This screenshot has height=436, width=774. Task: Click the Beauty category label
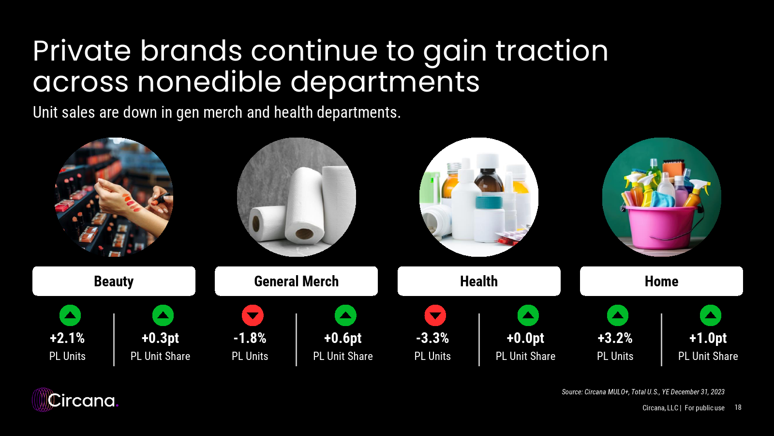pyautogui.click(x=114, y=281)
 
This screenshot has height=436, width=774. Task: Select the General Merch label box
pyautogui.click(x=296, y=281)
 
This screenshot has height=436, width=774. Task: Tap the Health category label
pyautogui.click(x=479, y=281)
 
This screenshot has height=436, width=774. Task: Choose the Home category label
pyautogui.click(x=661, y=281)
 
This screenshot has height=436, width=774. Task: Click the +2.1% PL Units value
pyautogui.click(x=67, y=338)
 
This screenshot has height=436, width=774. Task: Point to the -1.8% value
pyautogui.click(x=250, y=338)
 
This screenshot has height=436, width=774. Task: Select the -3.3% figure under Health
pyautogui.click(x=432, y=338)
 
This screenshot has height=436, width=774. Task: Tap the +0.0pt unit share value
pyautogui.click(x=525, y=338)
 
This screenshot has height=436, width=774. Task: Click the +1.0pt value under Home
pyautogui.click(x=708, y=338)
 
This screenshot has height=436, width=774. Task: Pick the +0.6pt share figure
pyautogui.click(x=343, y=338)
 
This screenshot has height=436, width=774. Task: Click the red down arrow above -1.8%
pyautogui.click(x=253, y=315)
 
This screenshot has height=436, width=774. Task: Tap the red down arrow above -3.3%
pyautogui.click(x=435, y=315)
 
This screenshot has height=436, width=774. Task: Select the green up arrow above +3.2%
pyautogui.click(x=618, y=315)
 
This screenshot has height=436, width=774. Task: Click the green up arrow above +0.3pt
pyautogui.click(x=163, y=315)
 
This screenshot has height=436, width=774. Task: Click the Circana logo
pyautogui.click(x=75, y=400)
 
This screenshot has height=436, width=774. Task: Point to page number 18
pyautogui.click(x=738, y=407)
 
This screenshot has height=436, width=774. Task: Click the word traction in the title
pyautogui.click(x=552, y=51)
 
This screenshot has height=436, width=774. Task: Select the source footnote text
pyautogui.click(x=643, y=392)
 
